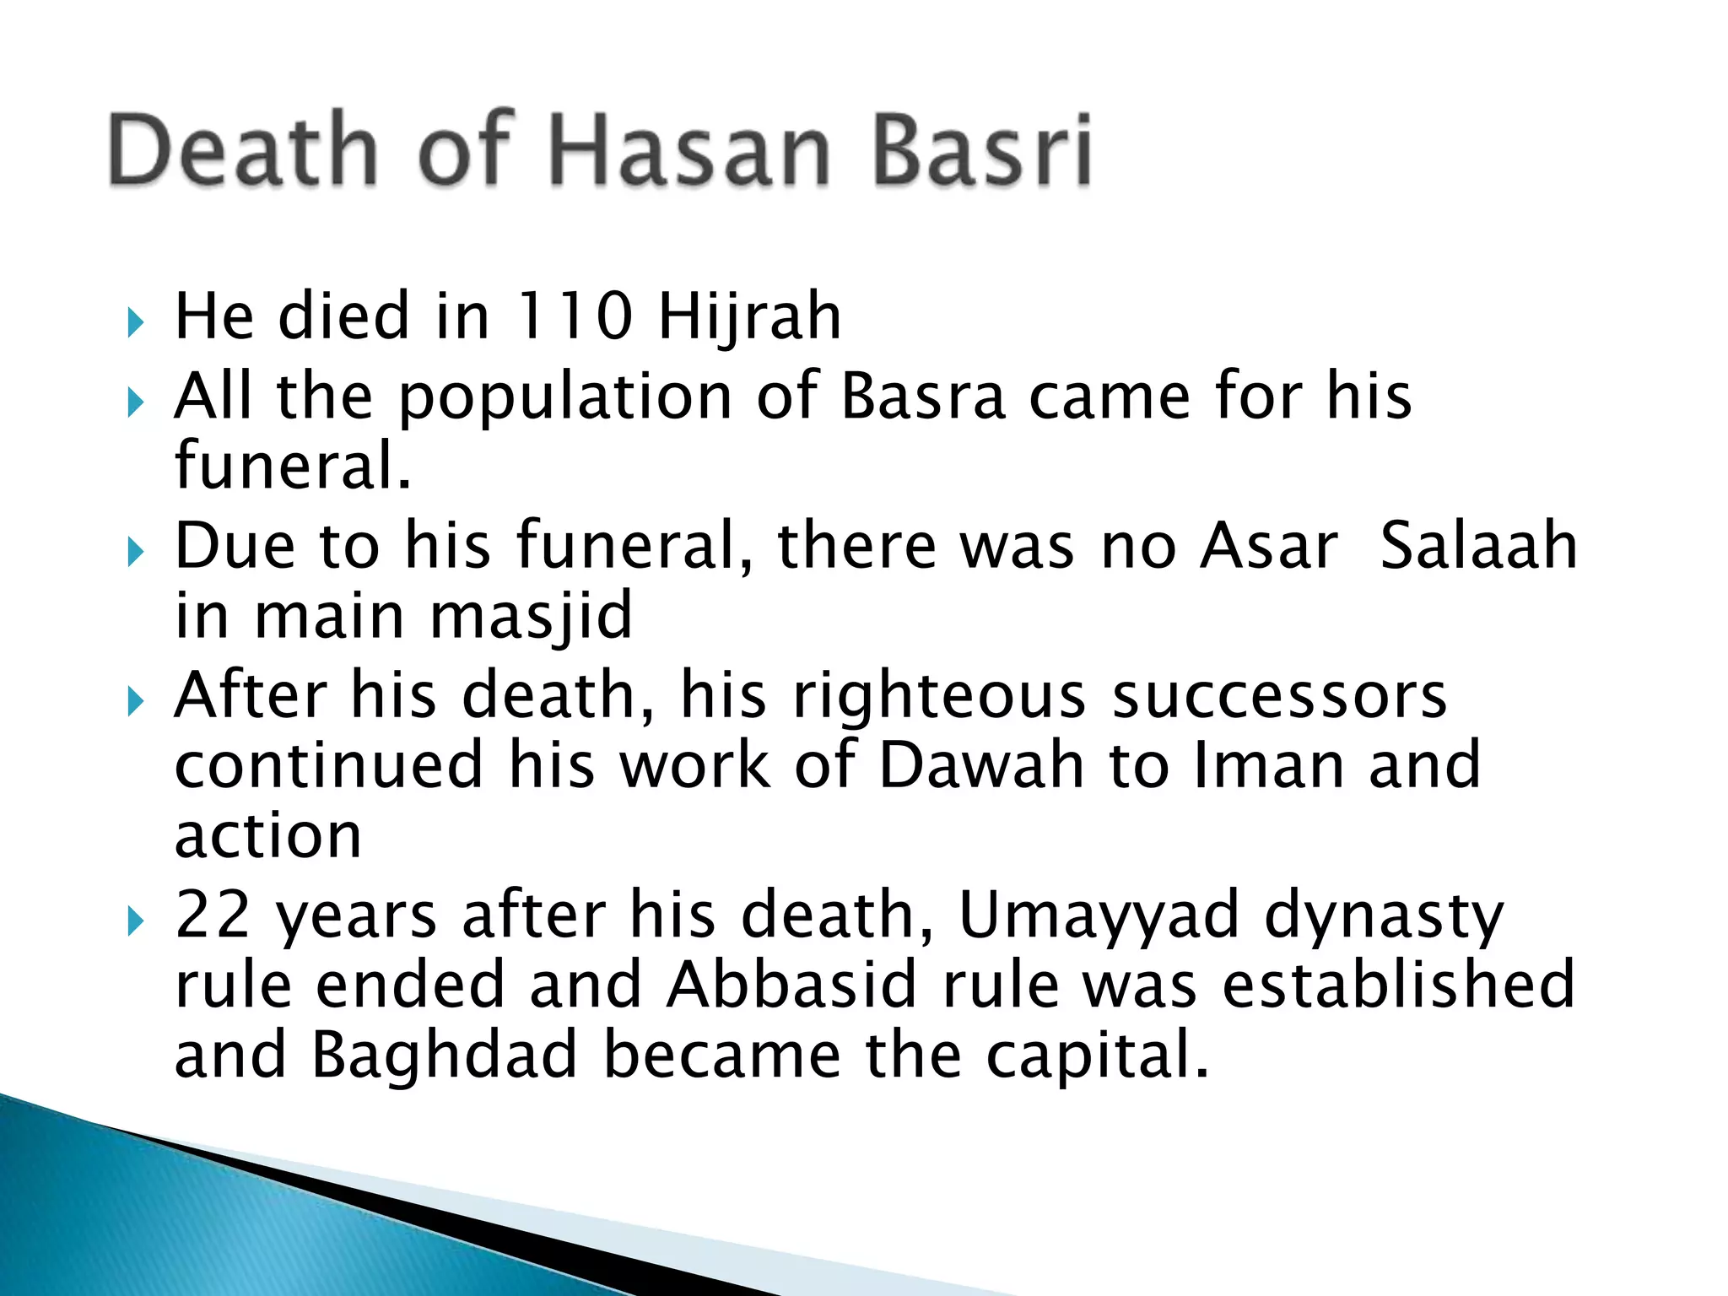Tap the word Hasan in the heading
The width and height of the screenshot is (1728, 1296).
click(690, 149)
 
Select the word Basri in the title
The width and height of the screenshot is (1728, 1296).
click(981, 149)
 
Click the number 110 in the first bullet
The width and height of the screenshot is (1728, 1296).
click(574, 316)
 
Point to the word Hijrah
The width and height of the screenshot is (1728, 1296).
click(749, 316)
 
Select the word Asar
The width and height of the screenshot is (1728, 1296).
click(1269, 546)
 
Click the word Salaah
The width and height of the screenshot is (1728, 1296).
click(1478, 546)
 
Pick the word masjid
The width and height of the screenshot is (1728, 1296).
click(531, 616)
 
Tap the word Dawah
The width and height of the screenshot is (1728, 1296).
click(980, 765)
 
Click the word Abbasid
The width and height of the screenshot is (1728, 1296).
click(791, 985)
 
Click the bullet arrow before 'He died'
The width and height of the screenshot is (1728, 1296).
click(136, 322)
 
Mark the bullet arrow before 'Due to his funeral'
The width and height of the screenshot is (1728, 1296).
click(136, 553)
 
